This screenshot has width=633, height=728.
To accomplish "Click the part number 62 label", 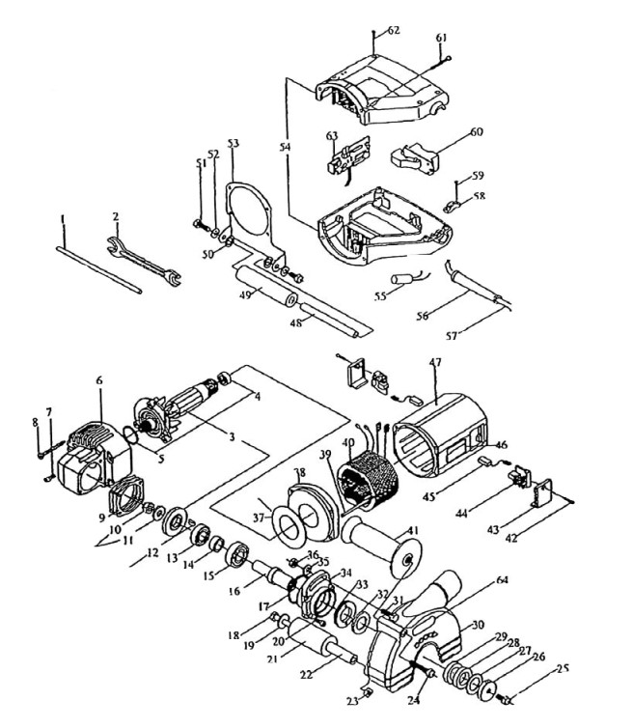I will coord(394,31).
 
